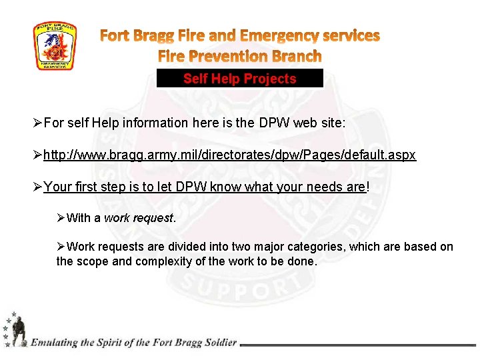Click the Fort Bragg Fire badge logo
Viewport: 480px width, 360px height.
(55, 46)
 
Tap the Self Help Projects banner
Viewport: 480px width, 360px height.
(239, 79)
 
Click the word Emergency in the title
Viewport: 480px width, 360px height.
(277, 35)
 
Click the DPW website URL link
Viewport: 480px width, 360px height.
(229, 155)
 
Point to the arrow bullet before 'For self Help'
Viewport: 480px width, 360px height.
(37, 123)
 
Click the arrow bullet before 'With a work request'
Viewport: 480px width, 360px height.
(61, 218)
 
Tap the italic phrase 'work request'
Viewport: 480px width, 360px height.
(138, 218)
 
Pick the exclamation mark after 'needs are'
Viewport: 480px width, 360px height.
(367, 187)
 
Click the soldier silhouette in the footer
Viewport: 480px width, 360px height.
(18, 331)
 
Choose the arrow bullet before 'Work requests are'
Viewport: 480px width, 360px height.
(61, 247)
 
